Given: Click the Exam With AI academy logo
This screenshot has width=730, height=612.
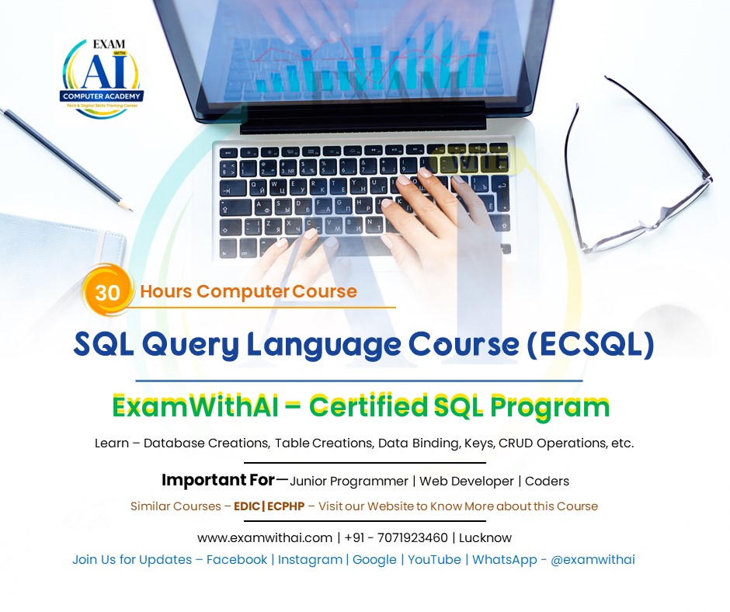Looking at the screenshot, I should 102,76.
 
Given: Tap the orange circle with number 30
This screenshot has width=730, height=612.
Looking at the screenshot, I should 106,292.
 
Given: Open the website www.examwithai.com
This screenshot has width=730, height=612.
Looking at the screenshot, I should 265,537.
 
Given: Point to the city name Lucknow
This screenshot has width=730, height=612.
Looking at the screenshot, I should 485,537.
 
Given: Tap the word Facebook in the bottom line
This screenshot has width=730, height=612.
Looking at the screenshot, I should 237,559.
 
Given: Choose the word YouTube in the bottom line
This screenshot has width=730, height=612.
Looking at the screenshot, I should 434,559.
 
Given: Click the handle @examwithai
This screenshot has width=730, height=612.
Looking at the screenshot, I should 593,559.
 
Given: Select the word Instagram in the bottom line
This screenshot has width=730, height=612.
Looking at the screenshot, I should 311,559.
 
